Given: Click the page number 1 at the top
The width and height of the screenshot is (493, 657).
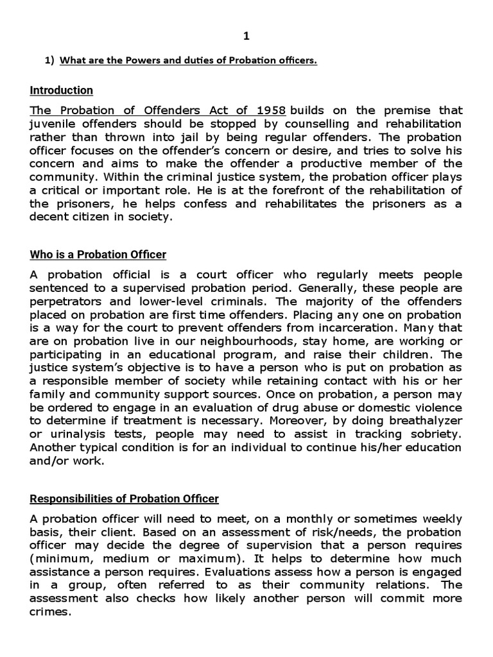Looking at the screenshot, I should (246, 37).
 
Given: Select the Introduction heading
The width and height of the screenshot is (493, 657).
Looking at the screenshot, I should (62, 90).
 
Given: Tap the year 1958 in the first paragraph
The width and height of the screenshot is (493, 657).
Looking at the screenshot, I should (269, 111).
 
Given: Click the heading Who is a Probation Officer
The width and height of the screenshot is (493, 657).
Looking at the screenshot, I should (98, 255).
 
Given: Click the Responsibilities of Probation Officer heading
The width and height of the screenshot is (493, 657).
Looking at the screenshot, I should (125, 499).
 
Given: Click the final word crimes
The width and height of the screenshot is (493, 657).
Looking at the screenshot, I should (51, 611).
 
